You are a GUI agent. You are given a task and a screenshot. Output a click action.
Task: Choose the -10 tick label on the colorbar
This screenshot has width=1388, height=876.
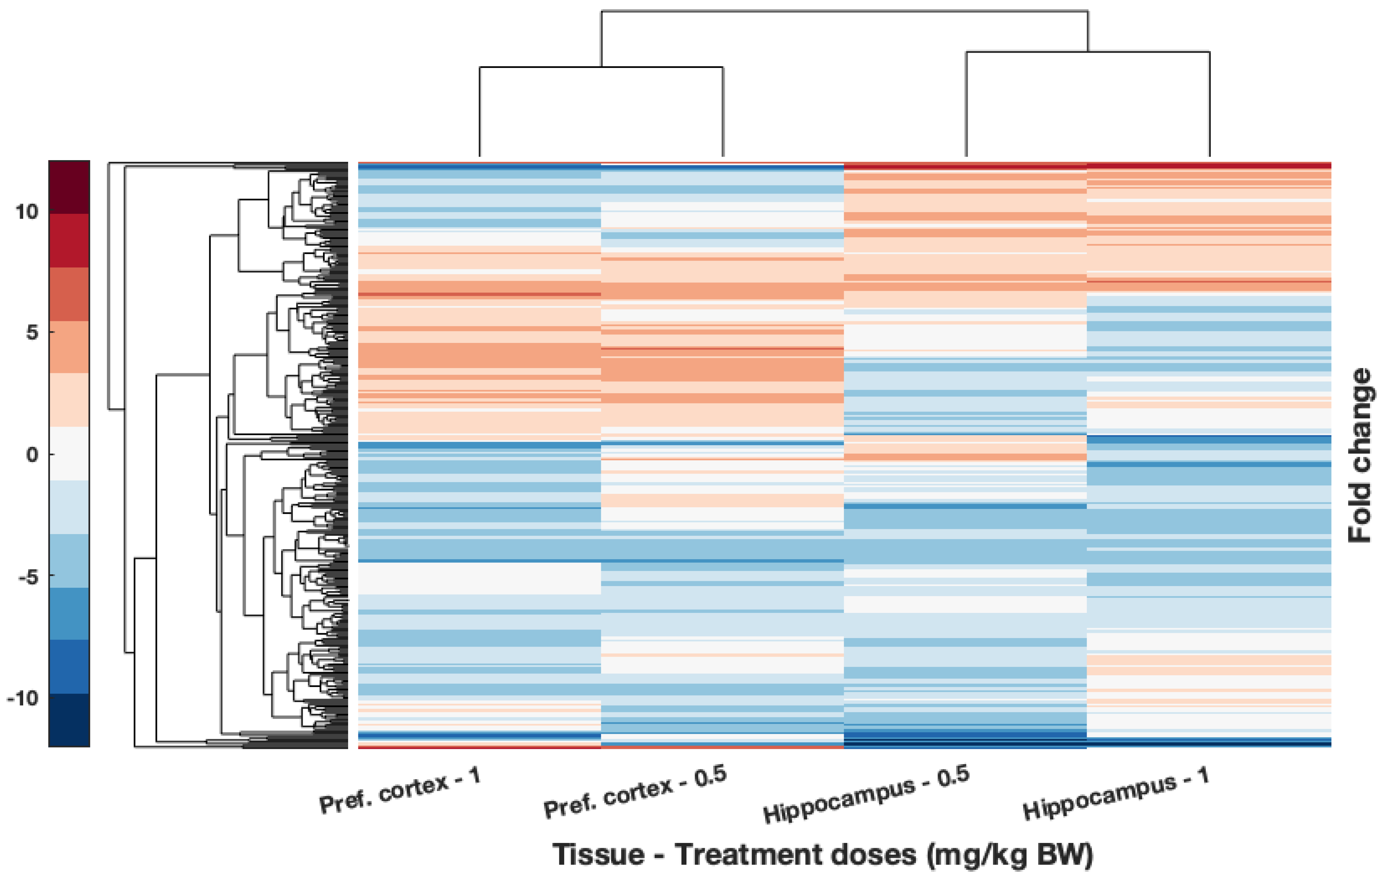click(x=23, y=699)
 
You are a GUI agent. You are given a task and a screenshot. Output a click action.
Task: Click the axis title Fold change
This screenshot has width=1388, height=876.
click(x=1360, y=455)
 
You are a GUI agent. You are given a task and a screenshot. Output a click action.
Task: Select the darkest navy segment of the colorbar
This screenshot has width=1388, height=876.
click(x=69, y=720)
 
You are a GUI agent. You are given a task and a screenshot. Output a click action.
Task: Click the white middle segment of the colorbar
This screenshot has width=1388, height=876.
click(x=69, y=454)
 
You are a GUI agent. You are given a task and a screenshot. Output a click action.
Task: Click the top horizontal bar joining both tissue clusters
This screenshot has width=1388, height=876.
click(x=844, y=11)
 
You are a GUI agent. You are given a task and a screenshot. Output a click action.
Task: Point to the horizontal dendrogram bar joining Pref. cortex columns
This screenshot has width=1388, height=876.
click(x=601, y=67)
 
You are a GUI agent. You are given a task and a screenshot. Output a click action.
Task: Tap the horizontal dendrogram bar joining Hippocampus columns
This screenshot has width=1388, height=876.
click(x=1088, y=52)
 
